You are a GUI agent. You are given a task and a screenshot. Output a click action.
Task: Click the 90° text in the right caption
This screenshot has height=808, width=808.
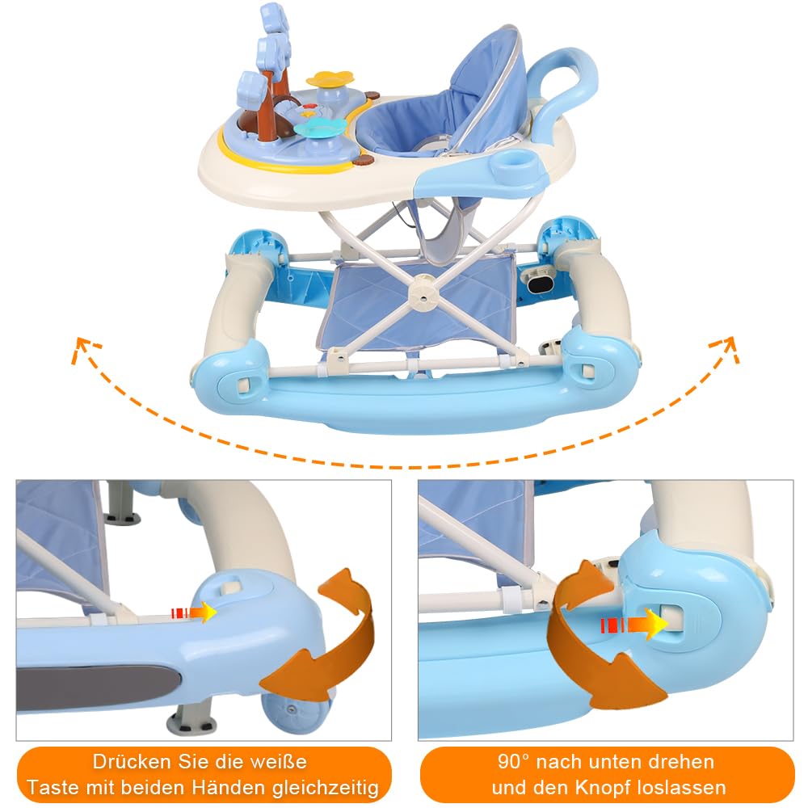click(x=514, y=762)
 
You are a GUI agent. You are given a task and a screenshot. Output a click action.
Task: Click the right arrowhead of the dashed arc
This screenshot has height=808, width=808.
click(x=726, y=347)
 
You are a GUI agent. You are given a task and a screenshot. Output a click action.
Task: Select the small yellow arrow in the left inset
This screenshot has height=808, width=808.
click(x=194, y=612)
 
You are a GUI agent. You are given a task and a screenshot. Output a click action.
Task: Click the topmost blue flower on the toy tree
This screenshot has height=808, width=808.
click(x=274, y=18)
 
